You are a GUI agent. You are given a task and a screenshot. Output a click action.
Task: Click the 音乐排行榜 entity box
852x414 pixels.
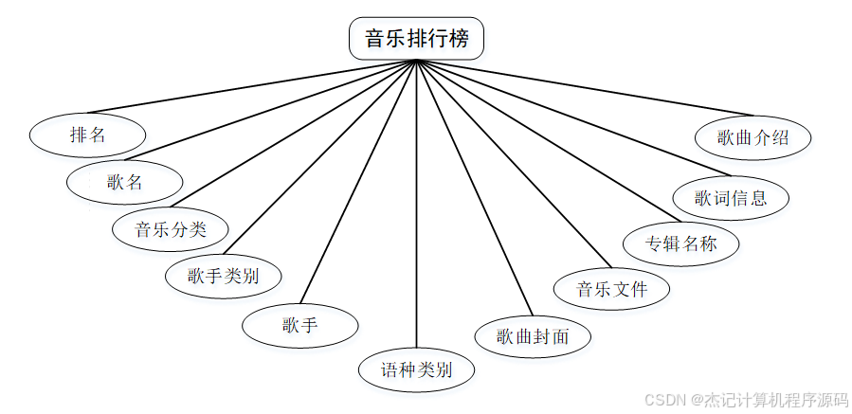(x=416, y=39)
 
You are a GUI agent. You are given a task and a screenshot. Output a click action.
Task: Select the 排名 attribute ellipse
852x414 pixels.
(x=87, y=135)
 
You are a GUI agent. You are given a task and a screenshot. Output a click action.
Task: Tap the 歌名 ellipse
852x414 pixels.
(x=124, y=182)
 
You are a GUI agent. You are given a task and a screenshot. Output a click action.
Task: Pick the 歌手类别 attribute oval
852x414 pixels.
(x=223, y=277)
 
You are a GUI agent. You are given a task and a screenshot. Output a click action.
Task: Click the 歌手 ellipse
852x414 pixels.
(x=299, y=326)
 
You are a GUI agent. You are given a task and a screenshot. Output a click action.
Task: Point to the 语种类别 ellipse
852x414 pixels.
(x=416, y=369)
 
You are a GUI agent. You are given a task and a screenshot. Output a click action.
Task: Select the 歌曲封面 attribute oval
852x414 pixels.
(x=533, y=335)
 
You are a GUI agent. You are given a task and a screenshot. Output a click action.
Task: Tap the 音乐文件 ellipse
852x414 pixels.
(x=612, y=289)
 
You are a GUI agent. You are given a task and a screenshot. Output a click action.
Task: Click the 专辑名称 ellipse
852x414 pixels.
(x=680, y=243)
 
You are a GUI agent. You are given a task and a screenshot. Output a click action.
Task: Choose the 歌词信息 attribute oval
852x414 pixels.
(x=730, y=198)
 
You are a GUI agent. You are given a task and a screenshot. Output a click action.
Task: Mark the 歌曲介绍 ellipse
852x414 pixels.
(x=752, y=137)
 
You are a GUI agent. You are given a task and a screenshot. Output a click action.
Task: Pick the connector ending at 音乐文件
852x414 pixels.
(x=512, y=161)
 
